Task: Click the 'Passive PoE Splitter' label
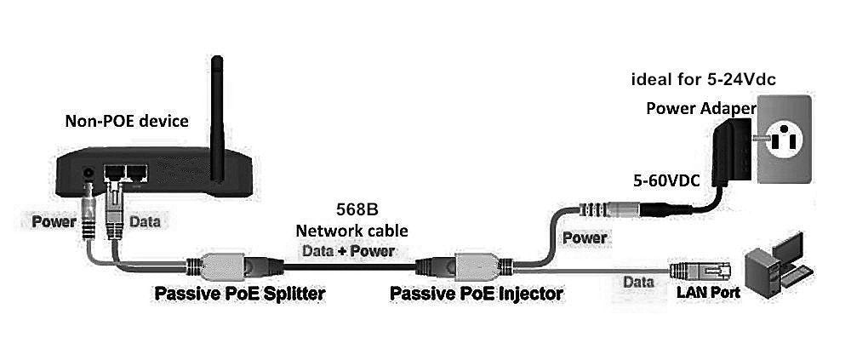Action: [x=239, y=294]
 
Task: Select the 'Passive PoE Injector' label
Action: [x=476, y=294]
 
